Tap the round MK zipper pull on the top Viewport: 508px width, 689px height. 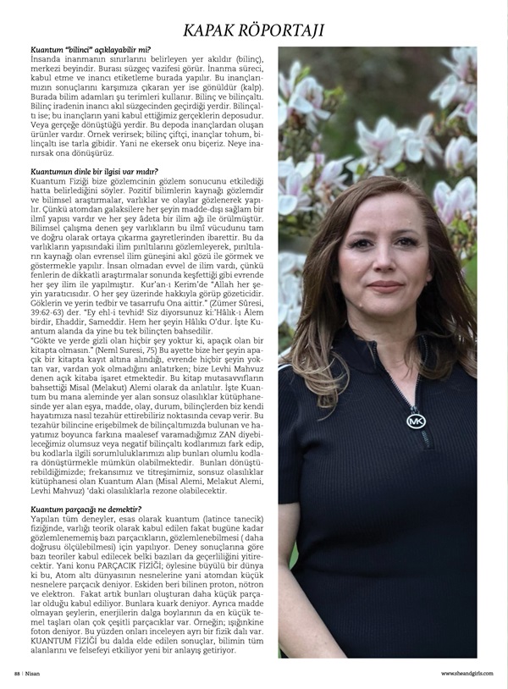pos(415,418)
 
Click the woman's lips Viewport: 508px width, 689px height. pos(385,285)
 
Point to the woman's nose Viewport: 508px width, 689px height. pos(385,263)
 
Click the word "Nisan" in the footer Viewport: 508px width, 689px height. pos(33,674)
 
